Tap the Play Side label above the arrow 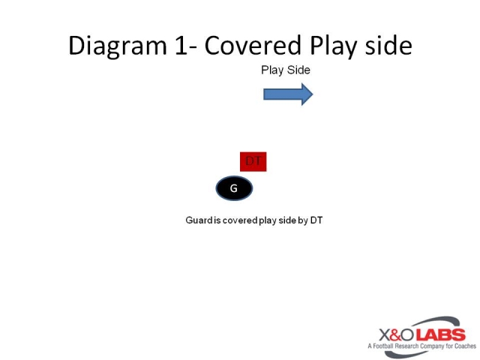coord(286,70)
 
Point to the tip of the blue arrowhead coord(312,94)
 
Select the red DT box coord(253,161)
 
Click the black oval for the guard coord(234,188)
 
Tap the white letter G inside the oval coord(234,188)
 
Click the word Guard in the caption coord(198,220)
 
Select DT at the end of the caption coord(316,220)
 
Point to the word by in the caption coord(302,220)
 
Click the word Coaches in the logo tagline coord(463,346)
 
